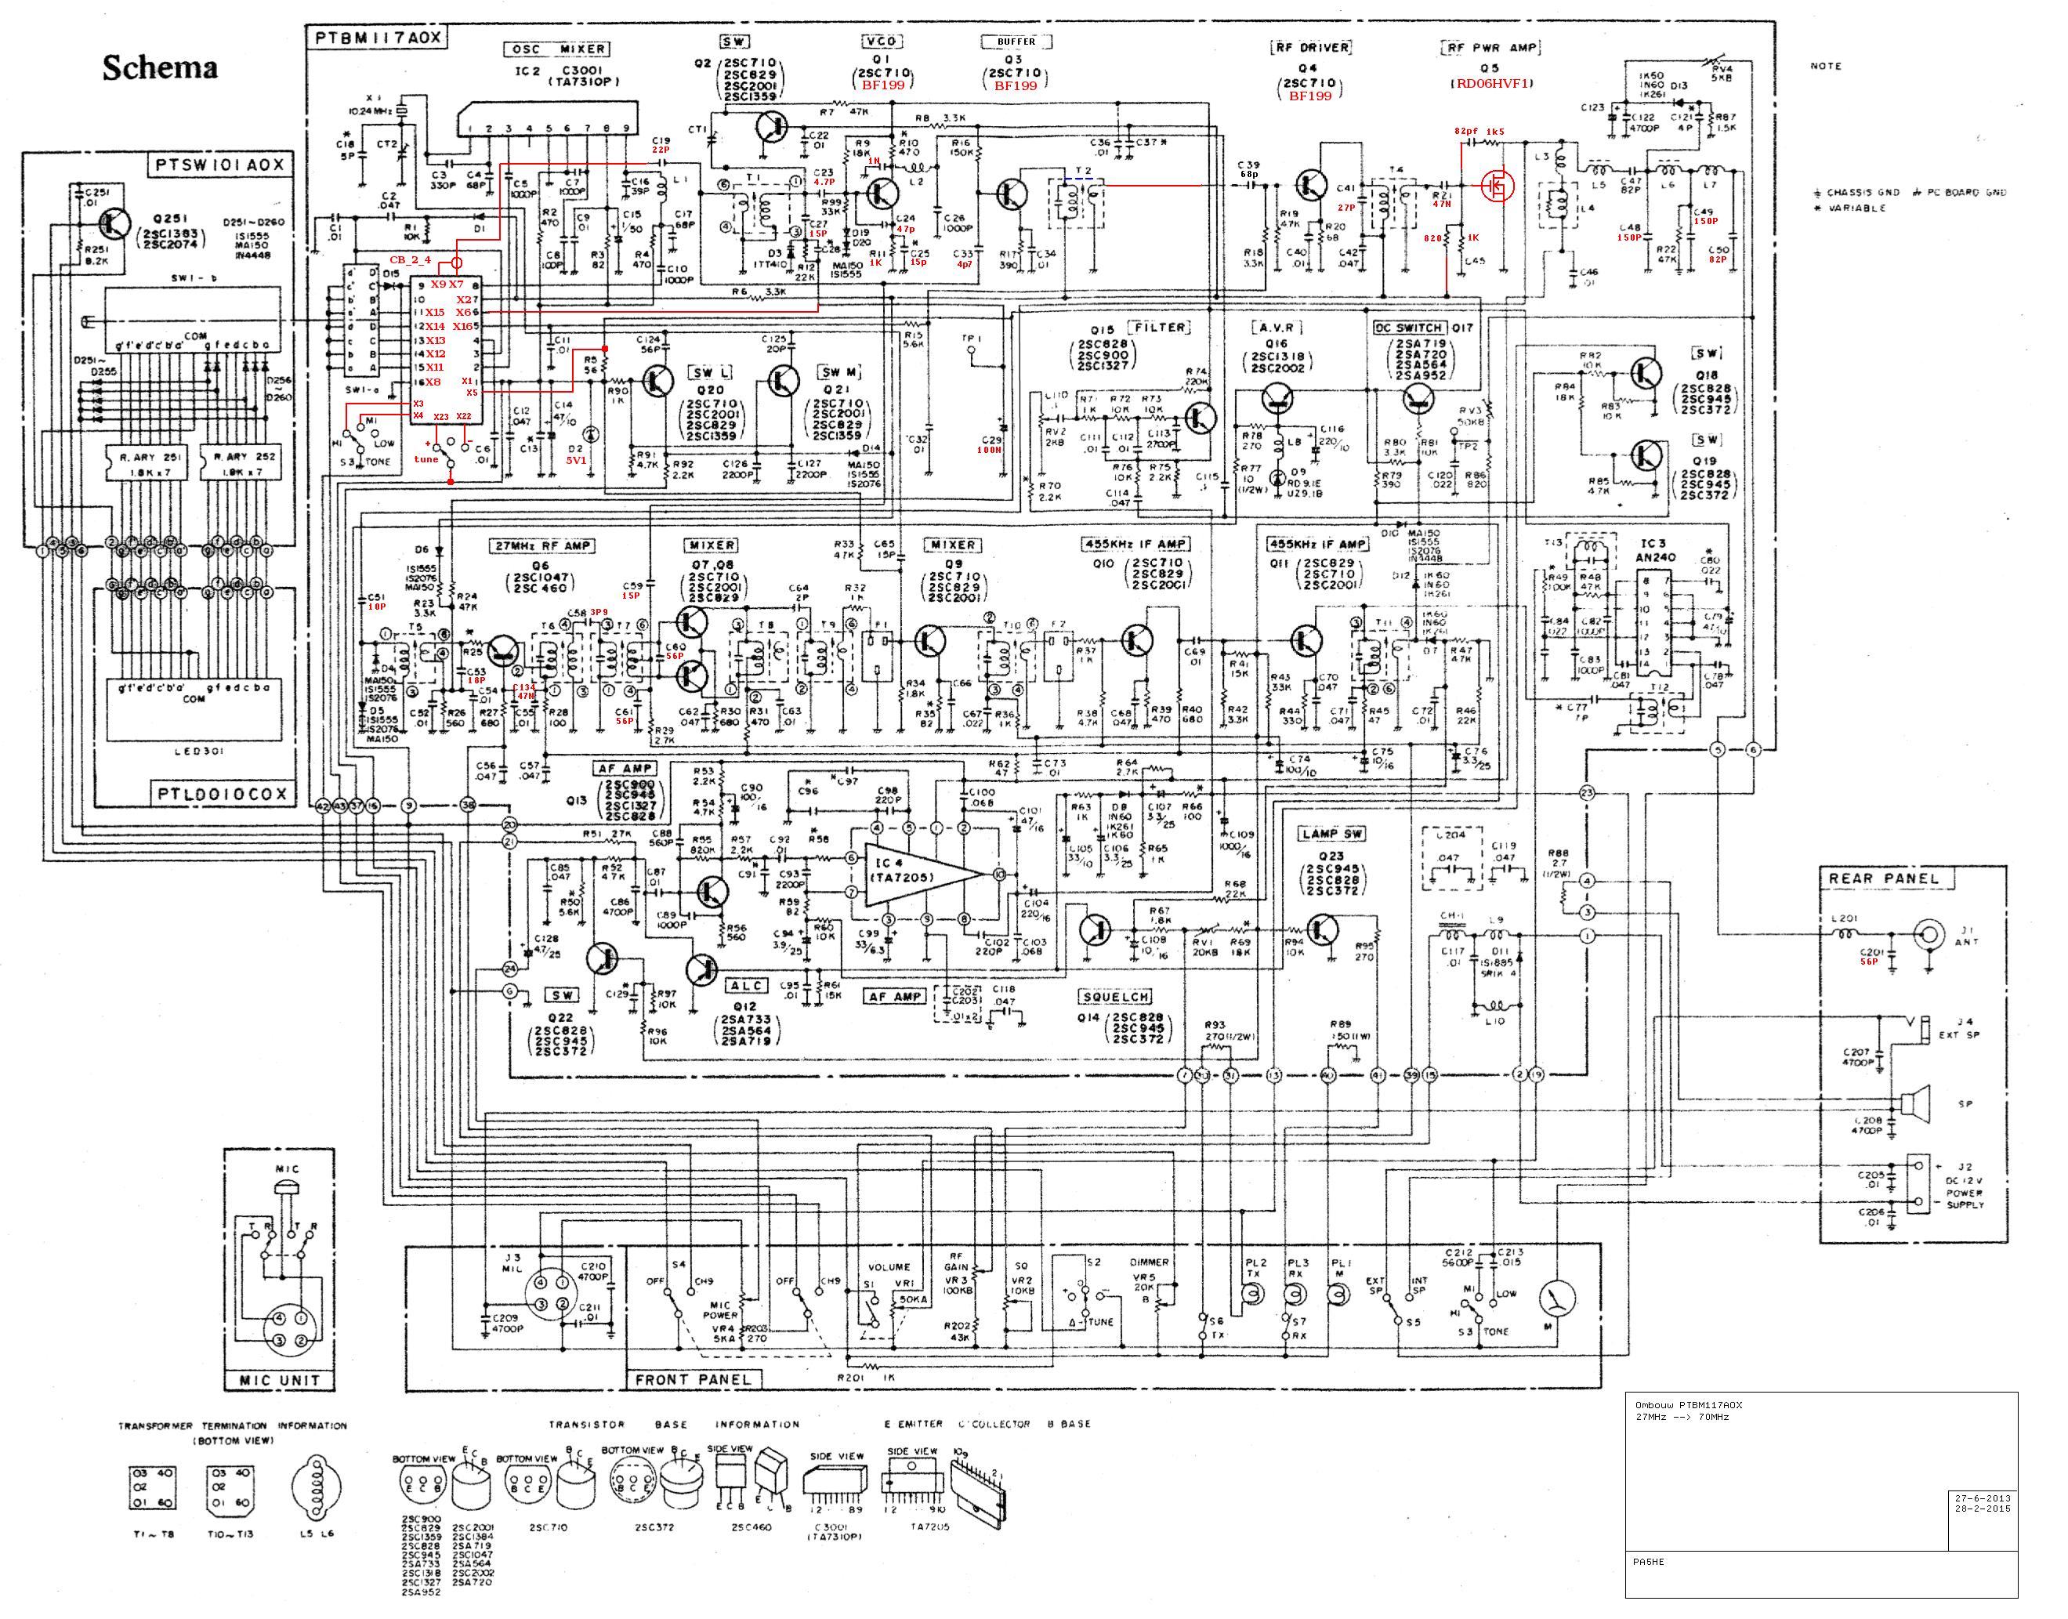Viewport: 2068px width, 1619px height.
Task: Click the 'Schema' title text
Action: point(159,67)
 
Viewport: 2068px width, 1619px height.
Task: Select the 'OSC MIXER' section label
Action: point(557,49)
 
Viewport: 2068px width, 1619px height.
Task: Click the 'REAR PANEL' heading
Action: point(1883,878)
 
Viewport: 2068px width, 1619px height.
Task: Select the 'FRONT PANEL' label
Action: point(693,1379)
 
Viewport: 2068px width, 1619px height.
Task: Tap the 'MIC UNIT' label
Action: point(280,1380)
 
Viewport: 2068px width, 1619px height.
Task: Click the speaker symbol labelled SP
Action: point(1915,1103)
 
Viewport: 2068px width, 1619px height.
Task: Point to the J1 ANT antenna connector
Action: point(1927,933)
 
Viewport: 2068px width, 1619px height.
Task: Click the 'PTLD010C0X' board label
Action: point(221,793)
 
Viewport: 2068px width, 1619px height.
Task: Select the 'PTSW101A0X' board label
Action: point(219,165)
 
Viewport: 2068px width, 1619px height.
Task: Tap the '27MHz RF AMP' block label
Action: point(543,546)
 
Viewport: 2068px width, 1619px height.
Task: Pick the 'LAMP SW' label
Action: point(1332,834)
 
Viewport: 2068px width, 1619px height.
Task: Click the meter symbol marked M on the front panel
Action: point(1557,1298)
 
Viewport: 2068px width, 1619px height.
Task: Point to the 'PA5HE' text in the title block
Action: point(1648,1561)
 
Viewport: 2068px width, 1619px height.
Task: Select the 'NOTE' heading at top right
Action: point(1825,67)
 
